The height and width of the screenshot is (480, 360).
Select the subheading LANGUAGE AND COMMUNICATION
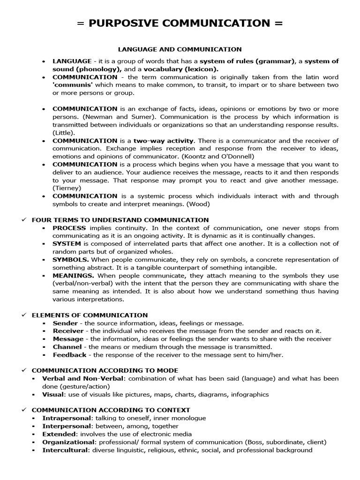coord(180,49)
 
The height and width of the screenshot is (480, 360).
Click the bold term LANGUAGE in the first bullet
coord(72,61)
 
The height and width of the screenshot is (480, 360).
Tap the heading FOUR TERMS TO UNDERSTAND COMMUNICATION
coord(120,220)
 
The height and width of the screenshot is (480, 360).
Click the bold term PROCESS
coord(69,228)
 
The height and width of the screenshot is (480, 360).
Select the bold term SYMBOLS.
coord(70,260)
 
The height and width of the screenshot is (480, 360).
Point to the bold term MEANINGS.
coord(73,276)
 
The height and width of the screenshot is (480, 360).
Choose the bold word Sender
coord(65,323)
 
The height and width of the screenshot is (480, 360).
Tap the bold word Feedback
coord(69,355)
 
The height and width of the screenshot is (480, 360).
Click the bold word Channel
coord(67,347)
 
